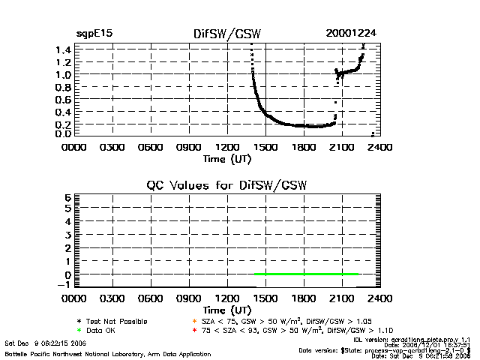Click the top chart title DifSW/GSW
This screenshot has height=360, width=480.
(x=227, y=34)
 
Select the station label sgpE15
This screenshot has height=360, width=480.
(x=94, y=34)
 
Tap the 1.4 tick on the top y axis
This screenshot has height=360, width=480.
(x=63, y=49)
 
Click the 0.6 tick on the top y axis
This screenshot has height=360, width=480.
(x=63, y=98)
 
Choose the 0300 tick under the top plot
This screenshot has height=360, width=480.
(x=112, y=147)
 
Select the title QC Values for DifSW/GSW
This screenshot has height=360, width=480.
(x=227, y=184)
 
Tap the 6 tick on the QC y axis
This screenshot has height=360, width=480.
(x=67, y=197)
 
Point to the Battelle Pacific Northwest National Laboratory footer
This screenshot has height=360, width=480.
(x=107, y=352)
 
